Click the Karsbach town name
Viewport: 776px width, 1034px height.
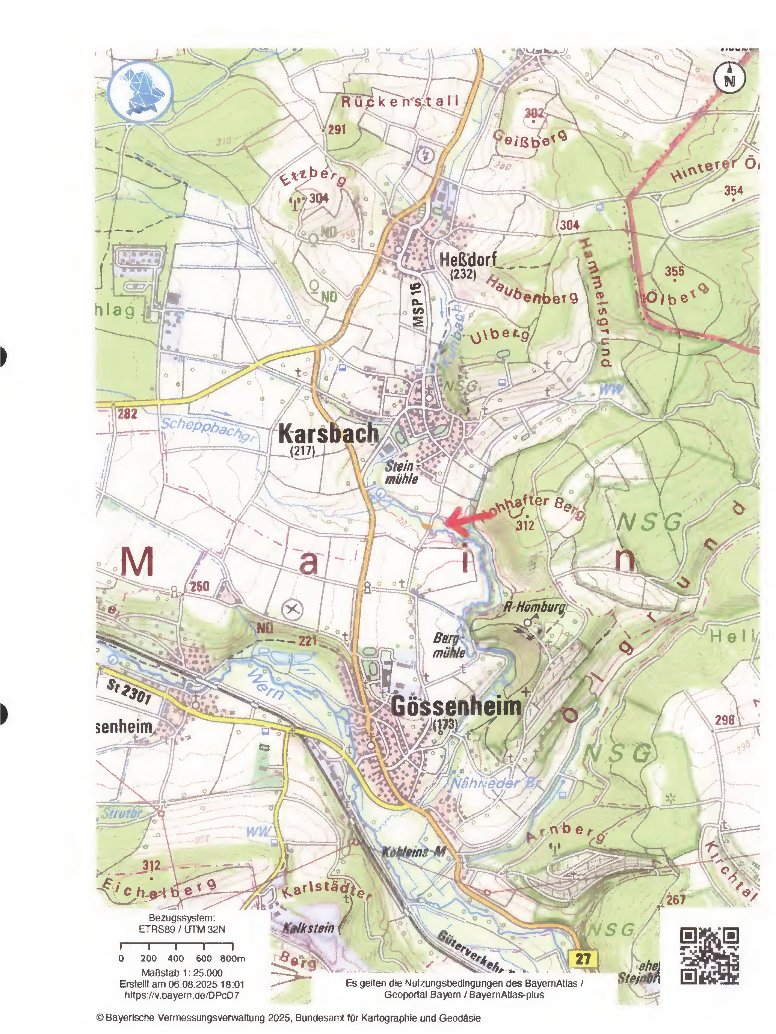(x=328, y=433)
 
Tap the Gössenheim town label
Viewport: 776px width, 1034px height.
(x=456, y=705)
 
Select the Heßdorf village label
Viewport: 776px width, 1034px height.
(x=467, y=259)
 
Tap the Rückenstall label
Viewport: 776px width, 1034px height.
(x=400, y=101)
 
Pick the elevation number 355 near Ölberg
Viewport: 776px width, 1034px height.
(x=674, y=271)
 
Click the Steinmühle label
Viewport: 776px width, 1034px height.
(x=401, y=472)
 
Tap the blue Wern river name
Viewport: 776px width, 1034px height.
(x=265, y=684)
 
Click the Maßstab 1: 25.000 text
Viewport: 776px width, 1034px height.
(x=181, y=973)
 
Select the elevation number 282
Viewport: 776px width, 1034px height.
(x=127, y=413)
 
